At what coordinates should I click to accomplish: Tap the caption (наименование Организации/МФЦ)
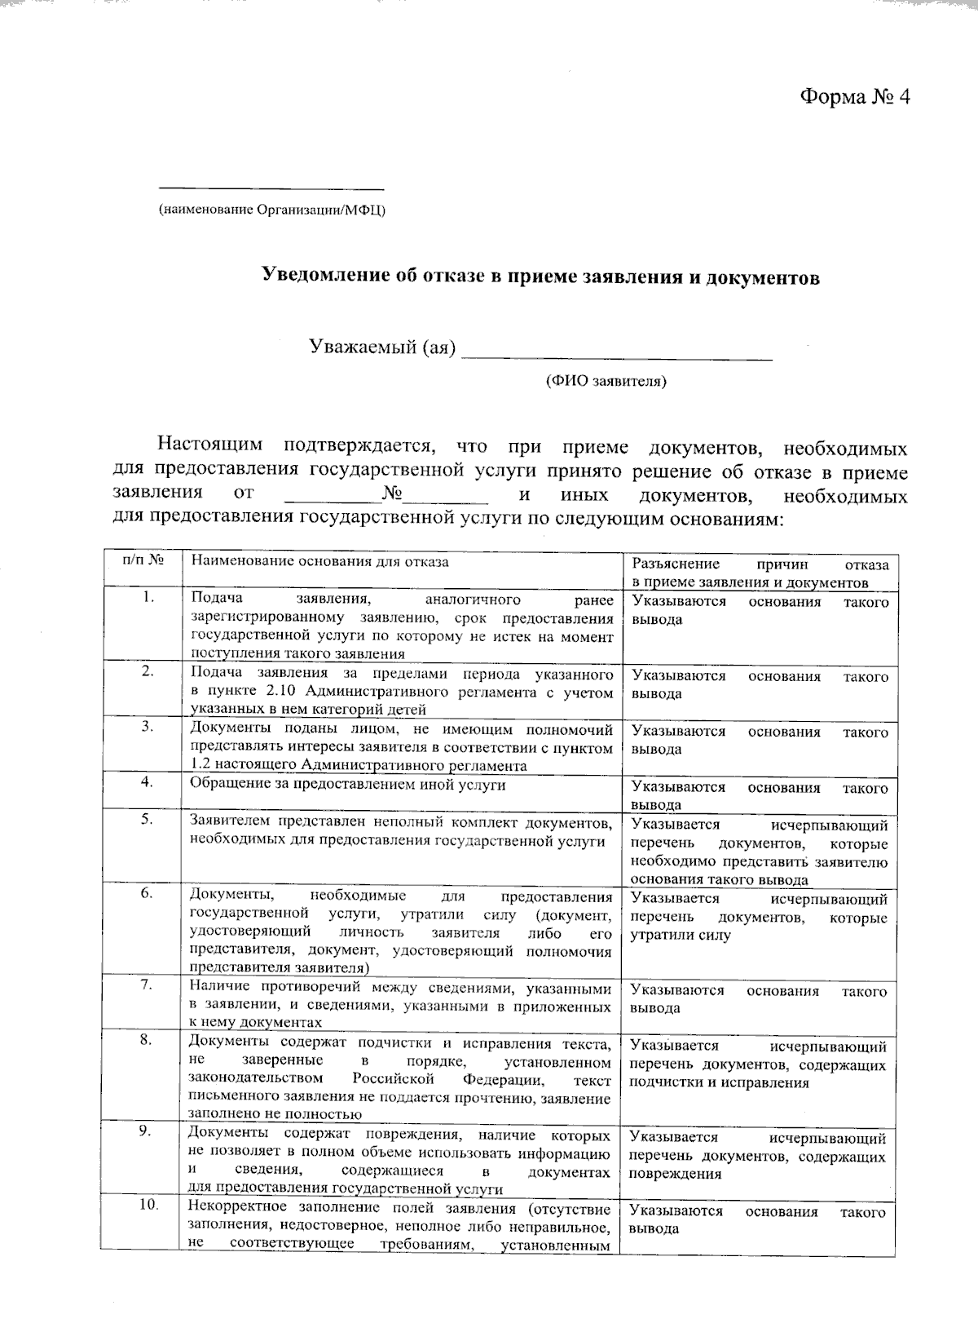pos(272,210)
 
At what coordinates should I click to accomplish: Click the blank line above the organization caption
pos(271,188)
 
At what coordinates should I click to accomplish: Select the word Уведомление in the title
pos(321,277)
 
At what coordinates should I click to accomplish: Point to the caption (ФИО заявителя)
pos(606,381)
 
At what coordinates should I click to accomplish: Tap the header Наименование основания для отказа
pos(319,561)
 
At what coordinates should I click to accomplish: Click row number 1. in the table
pos(148,598)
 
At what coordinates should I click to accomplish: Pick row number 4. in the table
pos(148,781)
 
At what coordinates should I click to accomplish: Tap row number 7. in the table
pos(147,985)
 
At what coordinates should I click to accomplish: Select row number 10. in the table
pos(147,1206)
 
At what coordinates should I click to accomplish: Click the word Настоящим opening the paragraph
pos(209,445)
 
